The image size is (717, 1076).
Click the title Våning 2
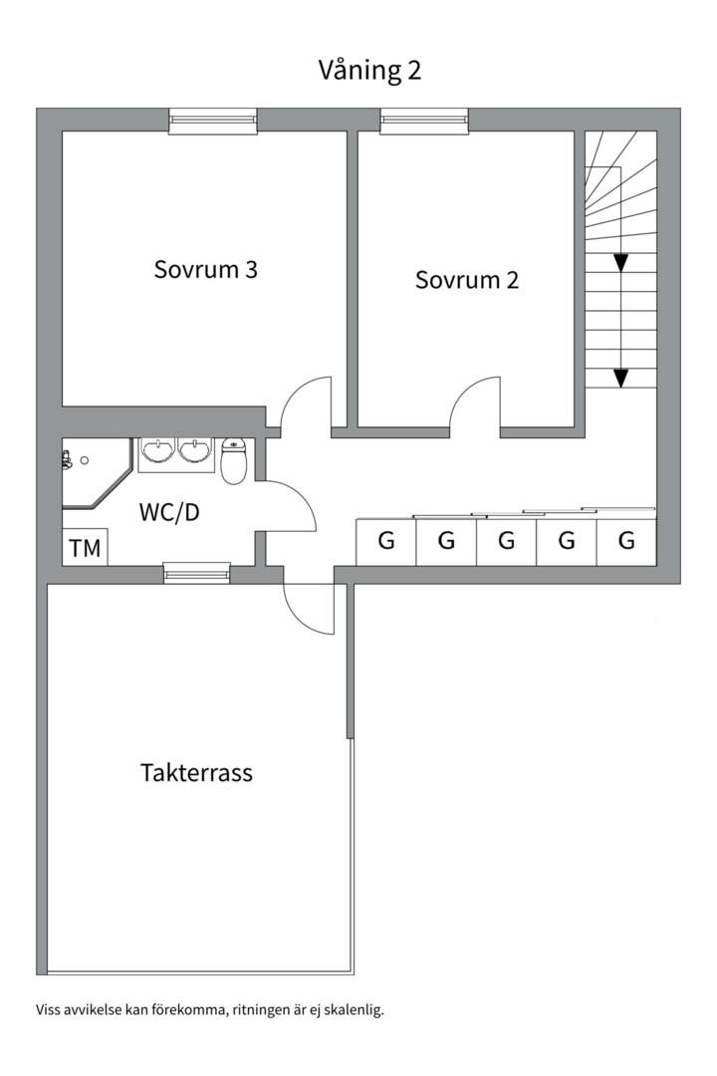(x=369, y=70)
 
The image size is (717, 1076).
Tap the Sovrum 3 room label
(x=205, y=269)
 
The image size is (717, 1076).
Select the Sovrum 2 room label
(x=467, y=280)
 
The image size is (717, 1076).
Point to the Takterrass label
(x=196, y=773)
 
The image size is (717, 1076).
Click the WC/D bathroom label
(x=168, y=512)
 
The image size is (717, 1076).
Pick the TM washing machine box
(x=85, y=547)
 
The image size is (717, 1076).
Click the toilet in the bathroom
(x=234, y=461)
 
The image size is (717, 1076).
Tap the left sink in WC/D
(x=159, y=451)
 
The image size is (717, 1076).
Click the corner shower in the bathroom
(x=93, y=473)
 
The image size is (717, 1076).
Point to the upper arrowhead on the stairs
(x=621, y=262)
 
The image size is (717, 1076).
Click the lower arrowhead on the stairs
(x=621, y=378)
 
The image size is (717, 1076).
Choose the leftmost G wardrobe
(x=385, y=541)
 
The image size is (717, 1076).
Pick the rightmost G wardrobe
(x=626, y=541)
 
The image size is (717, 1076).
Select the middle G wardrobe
(x=506, y=541)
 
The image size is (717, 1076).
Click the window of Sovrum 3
(x=213, y=121)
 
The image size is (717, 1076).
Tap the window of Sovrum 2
(x=425, y=121)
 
